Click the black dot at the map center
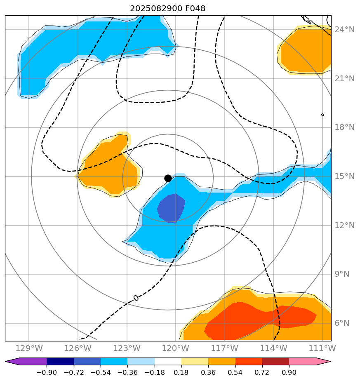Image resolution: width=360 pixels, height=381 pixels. [x=168, y=178]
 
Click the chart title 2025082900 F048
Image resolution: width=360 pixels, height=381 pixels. [x=167, y=8]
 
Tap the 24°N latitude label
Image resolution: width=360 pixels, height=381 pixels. [x=344, y=30]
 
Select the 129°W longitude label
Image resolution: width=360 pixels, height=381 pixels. [x=29, y=348]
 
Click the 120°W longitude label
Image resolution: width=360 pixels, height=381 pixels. [x=176, y=348]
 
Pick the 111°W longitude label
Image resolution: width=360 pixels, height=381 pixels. [x=322, y=348]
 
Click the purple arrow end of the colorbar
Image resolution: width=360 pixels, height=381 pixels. [x=12, y=362]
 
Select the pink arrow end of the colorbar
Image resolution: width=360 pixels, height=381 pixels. [x=323, y=362]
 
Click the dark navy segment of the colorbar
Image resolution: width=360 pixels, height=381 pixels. [x=60, y=362]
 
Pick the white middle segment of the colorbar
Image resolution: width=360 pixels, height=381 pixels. [x=168, y=362]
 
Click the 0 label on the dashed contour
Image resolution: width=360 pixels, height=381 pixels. [x=136, y=298]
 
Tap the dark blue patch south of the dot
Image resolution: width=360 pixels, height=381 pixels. [x=172, y=208]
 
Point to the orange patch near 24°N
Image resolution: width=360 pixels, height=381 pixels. [x=305, y=49]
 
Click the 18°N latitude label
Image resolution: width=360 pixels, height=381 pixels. [x=344, y=127]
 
